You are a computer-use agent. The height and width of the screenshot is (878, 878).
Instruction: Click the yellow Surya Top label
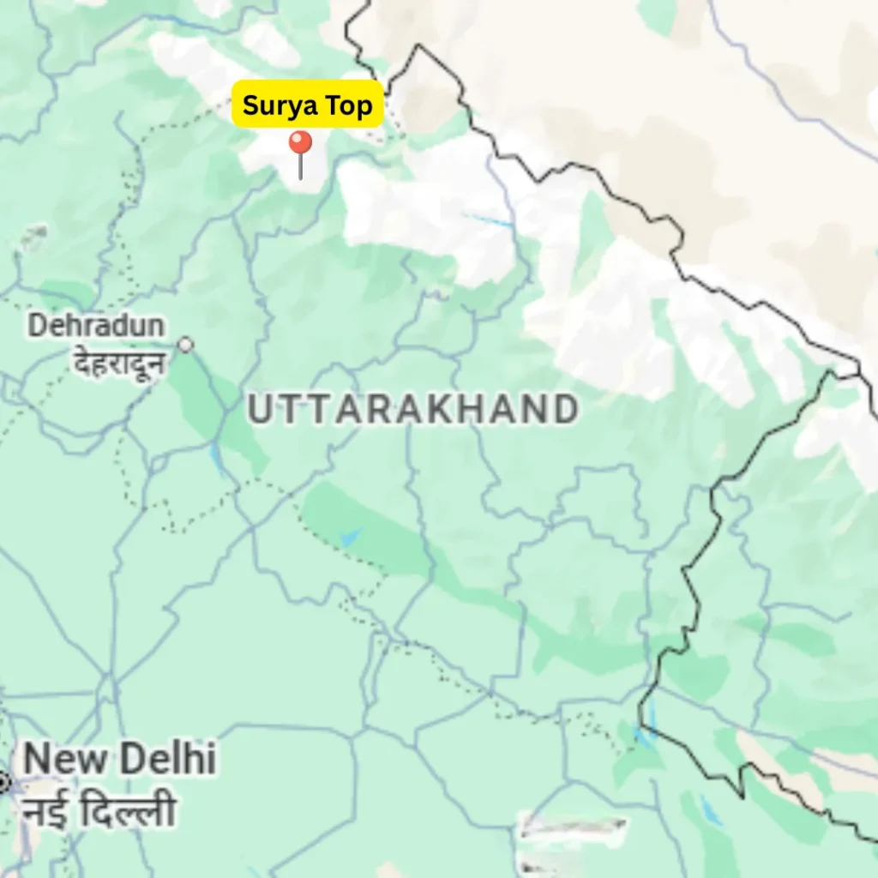307,105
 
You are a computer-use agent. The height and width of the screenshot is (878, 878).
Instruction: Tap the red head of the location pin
300,142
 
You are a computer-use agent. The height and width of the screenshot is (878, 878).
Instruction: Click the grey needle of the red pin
300,167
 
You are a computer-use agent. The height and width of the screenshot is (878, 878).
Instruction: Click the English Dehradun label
96,326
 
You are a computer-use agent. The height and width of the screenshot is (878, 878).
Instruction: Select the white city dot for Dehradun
185,345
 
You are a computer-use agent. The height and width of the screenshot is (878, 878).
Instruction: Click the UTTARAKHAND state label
412,410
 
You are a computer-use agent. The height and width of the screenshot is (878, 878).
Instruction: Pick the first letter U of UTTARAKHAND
260,410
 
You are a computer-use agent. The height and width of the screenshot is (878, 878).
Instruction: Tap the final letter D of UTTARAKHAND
564,410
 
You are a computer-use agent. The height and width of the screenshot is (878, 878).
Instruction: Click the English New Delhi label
119,760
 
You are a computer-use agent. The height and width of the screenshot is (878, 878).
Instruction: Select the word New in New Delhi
65,760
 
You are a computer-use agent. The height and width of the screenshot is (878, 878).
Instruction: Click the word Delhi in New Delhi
166,760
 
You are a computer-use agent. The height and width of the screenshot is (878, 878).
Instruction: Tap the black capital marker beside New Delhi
3,781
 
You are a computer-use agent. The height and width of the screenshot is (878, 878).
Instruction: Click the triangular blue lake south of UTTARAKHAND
351,538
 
